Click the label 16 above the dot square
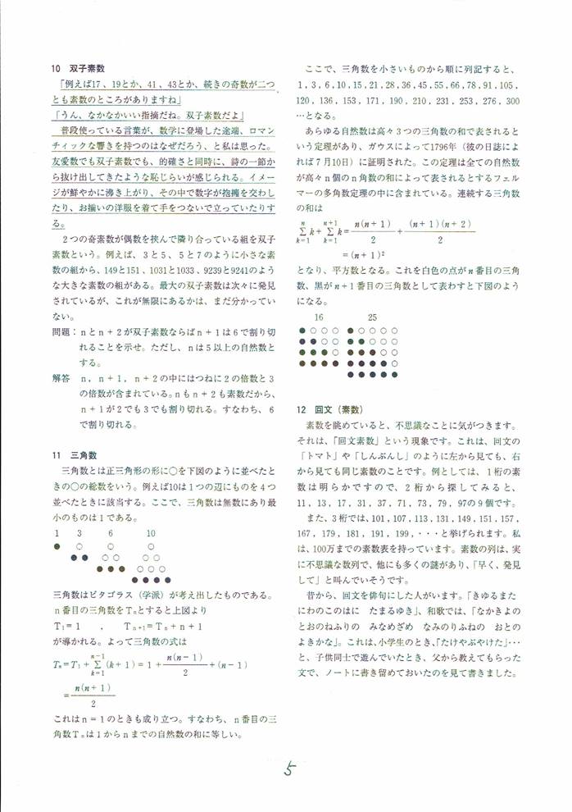[x=319, y=317]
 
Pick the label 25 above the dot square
[x=372, y=317]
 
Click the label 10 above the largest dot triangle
[x=151, y=533]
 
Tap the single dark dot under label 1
[x=57, y=545]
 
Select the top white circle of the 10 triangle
[x=151, y=545]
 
